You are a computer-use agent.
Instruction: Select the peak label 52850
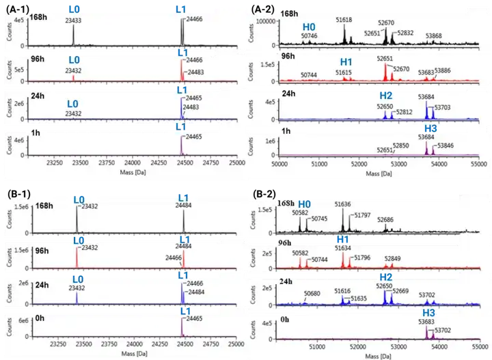[x=400, y=146]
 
